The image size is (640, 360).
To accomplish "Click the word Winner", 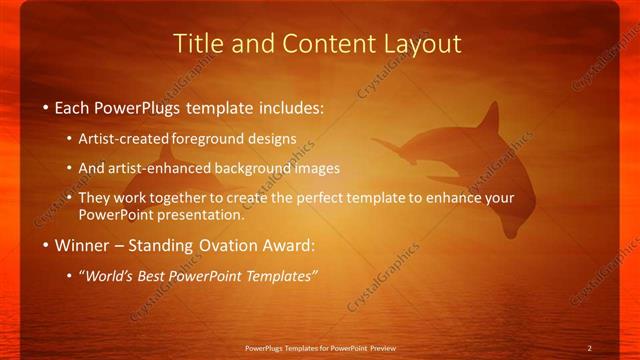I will [x=83, y=245].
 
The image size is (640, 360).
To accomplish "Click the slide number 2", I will [x=589, y=348].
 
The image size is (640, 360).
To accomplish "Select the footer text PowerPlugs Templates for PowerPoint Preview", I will [x=320, y=348].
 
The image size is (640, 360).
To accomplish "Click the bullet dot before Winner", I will [x=46, y=245].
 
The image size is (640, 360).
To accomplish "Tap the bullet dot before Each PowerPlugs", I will [x=46, y=107].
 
